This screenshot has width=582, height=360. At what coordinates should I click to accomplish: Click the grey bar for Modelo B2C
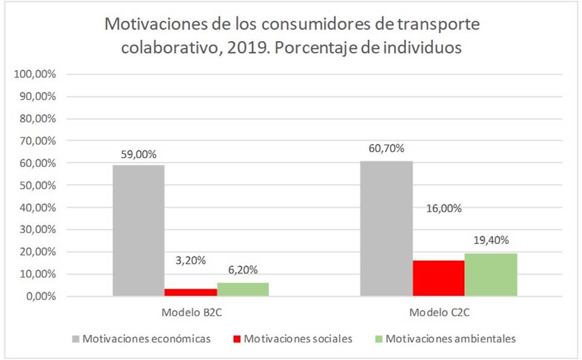tap(139, 230)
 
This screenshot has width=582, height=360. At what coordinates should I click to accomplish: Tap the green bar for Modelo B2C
tap(243, 289)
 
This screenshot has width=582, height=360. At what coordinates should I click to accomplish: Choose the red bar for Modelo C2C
tap(438, 278)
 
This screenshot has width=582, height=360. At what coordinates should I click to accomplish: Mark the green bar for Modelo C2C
tap(491, 274)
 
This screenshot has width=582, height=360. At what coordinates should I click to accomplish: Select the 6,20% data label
tap(242, 272)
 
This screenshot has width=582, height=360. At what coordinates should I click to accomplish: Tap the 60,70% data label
tap(386, 149)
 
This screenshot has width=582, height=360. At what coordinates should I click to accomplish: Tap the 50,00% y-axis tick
tap(37, 185)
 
